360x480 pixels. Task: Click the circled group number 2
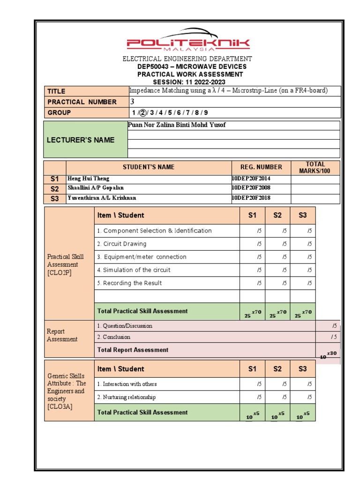143,112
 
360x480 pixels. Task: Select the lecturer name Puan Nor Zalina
177,125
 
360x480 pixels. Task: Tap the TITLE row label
56,91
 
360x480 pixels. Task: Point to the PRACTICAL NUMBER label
82,102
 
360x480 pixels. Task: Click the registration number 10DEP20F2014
251,179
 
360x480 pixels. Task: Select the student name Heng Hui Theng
89,179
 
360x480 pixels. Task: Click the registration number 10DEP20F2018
251,198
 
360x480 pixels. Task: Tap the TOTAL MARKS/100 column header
315,167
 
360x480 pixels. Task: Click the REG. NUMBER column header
261,167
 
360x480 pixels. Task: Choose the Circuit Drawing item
122,244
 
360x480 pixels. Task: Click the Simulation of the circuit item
134,270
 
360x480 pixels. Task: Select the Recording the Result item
129,283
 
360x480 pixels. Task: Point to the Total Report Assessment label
133,350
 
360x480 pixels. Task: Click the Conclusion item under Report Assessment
114,337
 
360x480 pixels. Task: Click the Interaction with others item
127,384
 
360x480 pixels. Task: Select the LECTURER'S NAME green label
85,140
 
